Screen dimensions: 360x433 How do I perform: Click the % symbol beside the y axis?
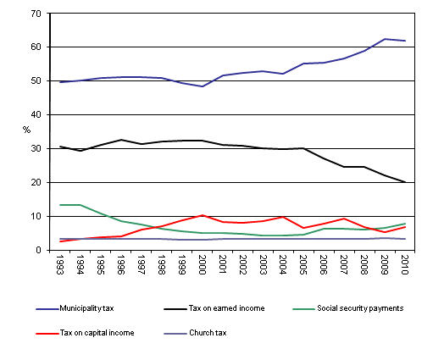tap(26, 130)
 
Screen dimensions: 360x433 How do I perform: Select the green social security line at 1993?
tap(60, 205)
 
